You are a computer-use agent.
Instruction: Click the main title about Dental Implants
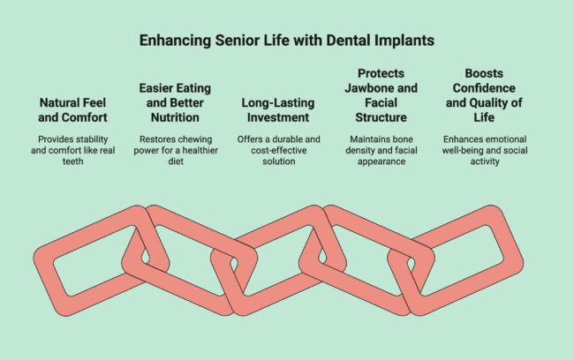[286, 41]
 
